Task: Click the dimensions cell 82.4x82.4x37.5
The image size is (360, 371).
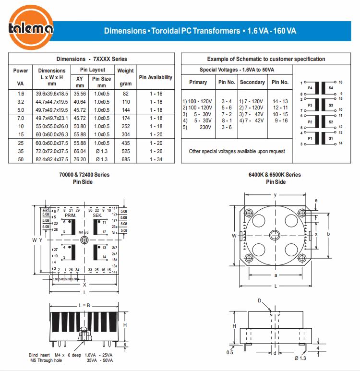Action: [52, 159]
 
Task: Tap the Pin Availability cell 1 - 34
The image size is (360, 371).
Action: [156, 159]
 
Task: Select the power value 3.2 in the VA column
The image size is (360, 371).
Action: [21, 102]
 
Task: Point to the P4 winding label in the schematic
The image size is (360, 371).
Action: [310, 88]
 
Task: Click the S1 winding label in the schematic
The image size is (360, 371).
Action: [331, 138]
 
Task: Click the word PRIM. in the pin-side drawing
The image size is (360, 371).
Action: [71, 216]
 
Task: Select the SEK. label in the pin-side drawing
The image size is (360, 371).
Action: [98, 216]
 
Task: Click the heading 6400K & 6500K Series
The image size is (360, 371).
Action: [276, 175]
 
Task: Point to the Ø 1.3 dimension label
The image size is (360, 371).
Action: [300, 358]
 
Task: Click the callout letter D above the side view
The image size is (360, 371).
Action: [259, 300]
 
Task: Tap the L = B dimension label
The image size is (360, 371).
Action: [84, 305]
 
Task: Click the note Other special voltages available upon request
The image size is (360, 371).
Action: [237, 151]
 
